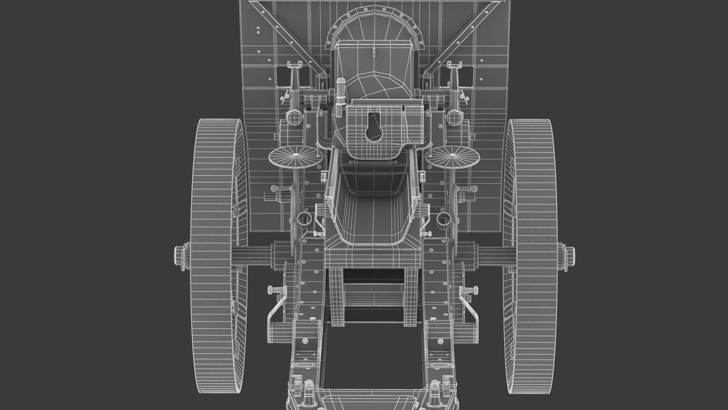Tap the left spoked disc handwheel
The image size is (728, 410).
coord(293,156)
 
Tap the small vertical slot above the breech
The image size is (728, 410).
coord(373,50)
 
